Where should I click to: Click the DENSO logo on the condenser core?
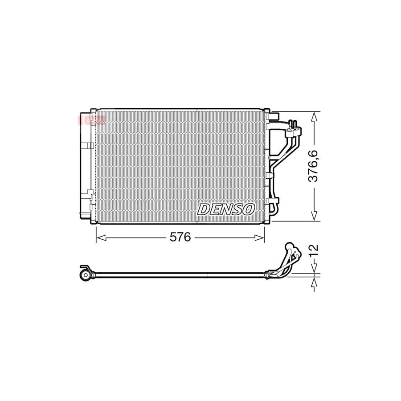[226, 209]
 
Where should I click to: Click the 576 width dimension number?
[180, 237]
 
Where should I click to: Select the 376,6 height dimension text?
[315, 166]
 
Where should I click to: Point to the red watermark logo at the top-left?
[91, 119]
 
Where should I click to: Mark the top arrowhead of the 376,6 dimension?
[315, 115]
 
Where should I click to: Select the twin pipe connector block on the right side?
[295, 130]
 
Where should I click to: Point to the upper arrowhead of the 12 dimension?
[315, 269]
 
